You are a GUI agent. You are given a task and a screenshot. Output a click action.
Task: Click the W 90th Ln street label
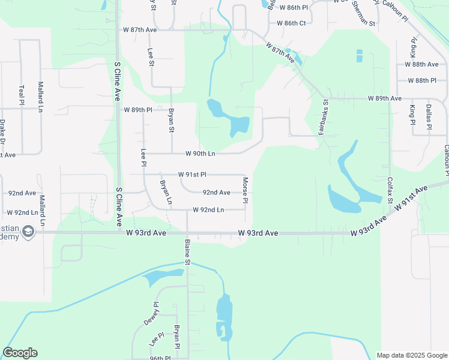point(200,154)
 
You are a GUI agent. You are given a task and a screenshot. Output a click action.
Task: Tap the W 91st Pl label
point(192,175)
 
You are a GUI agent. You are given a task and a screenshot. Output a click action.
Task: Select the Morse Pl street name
point(245,190)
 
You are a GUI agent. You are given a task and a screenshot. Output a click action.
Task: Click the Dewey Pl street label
point(151,313)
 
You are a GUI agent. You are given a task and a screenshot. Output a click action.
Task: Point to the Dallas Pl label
point(429,116)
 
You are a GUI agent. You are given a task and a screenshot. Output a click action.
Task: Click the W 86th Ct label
point(292,23)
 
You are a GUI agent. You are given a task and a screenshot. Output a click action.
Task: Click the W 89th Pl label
point(138,110)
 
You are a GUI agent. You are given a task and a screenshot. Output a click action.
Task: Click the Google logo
point(20,353)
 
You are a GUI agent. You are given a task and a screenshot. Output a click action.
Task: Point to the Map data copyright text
point(411,355)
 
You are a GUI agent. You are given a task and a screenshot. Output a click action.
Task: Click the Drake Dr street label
point(2,132)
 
